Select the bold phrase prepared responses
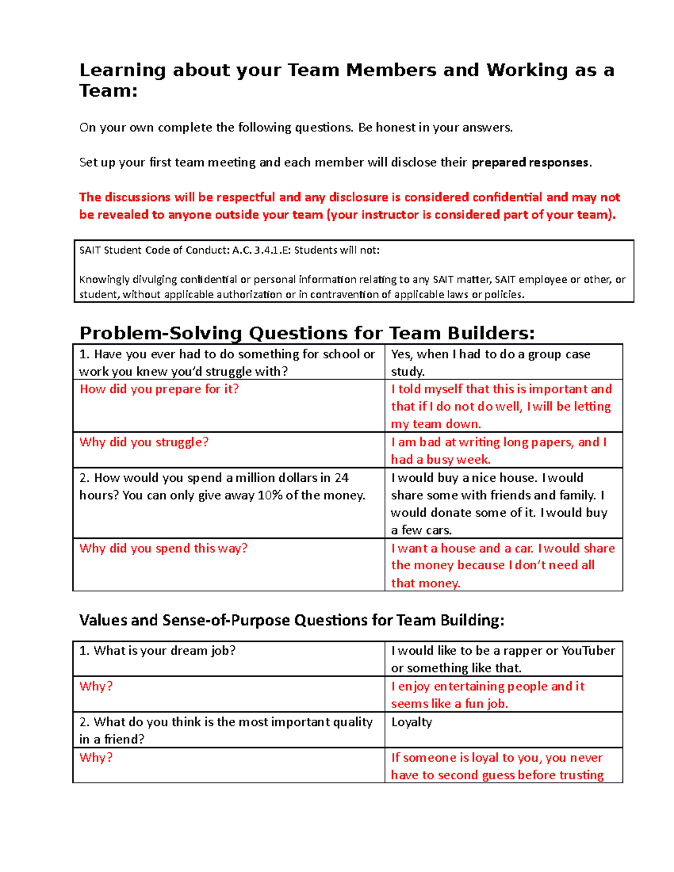pos(530,163)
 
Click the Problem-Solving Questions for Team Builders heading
pos(307,333)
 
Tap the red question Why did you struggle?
pos(144,442)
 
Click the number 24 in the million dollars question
pos(341,478)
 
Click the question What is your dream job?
pos(157,651)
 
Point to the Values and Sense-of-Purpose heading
pos(292,620)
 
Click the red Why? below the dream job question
pos(96,686)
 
